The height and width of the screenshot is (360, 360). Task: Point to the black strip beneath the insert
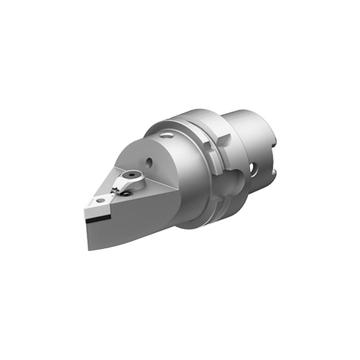point(99,219)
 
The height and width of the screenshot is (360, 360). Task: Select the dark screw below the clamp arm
point(127,194)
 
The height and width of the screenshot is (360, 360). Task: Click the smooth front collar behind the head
point(187,181)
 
